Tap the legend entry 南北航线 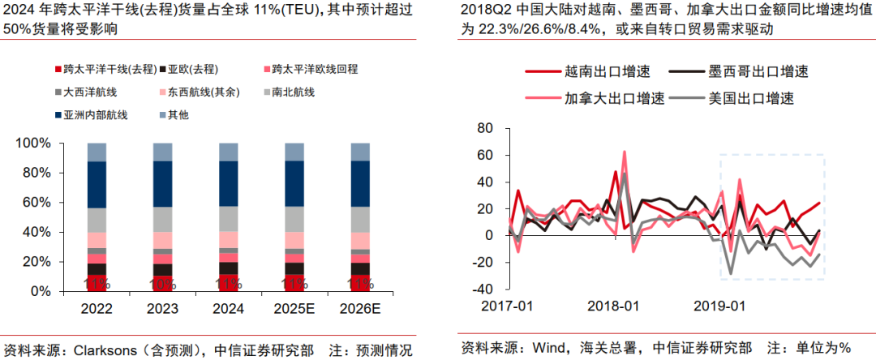[x=295, y=92]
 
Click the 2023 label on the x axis [x=163, y=308]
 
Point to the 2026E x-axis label [x=360, y=308]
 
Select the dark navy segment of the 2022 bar [x=97, y=185]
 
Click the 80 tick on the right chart [x=486, y=128]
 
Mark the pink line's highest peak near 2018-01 [x=625, y=152]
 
